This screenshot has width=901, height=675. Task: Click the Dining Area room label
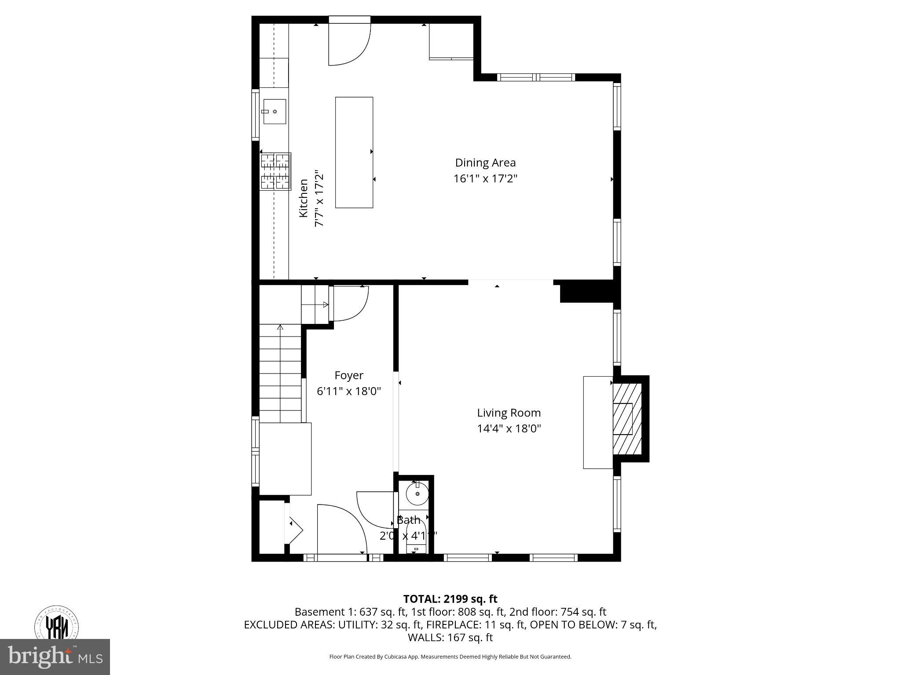pos(485,163)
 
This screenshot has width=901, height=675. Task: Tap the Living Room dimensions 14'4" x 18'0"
pos(509,428)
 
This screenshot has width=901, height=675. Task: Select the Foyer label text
pos(349,375)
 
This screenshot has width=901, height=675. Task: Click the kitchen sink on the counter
pos(274,112)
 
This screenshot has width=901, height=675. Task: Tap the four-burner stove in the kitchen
pos(275,171)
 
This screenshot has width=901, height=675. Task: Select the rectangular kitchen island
pos(354,152)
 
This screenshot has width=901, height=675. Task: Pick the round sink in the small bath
pos(417,494)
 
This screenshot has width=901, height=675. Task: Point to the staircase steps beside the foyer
pos(280,374)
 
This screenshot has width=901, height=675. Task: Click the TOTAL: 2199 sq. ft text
pos(450,599)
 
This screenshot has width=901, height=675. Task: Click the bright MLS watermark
pos(55,657)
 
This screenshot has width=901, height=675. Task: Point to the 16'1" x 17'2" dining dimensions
pos(485,179)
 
